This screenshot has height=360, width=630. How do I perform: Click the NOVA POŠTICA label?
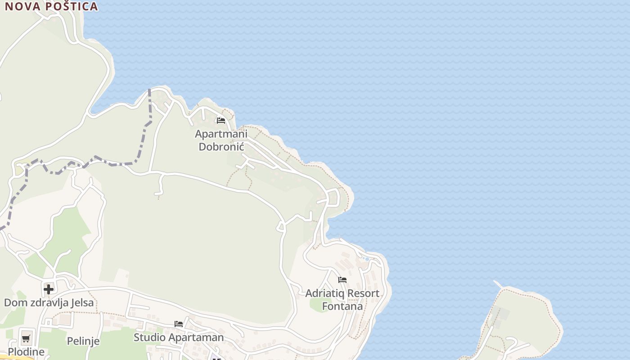(x=51, y=6)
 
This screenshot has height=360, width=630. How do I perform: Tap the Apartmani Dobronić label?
(x=221, y=140)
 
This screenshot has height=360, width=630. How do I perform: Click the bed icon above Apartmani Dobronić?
(x=220, y=121)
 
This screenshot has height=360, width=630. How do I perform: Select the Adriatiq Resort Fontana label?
(x=342, y=300)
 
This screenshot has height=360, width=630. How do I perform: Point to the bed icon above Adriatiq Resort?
(x=342, y=280)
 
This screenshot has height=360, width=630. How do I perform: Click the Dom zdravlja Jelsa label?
(x=49, y=302)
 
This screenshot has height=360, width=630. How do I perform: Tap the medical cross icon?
(x=49, y=288)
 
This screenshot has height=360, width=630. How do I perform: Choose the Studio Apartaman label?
(x=179, y=337)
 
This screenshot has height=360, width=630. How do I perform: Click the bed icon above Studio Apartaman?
(x=179, y=324)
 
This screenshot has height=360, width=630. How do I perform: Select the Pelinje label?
(x=83, y=341)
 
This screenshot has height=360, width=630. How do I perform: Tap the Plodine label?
(x=26, y=352)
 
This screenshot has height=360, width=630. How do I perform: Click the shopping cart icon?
(x=26, y=338)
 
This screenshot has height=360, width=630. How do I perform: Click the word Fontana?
(x=342, y=306)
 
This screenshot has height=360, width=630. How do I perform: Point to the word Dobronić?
(x=221, y=147)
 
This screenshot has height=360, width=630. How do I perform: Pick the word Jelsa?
(x=81, y=302)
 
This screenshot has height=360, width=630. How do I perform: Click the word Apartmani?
(x=221, y=134)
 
